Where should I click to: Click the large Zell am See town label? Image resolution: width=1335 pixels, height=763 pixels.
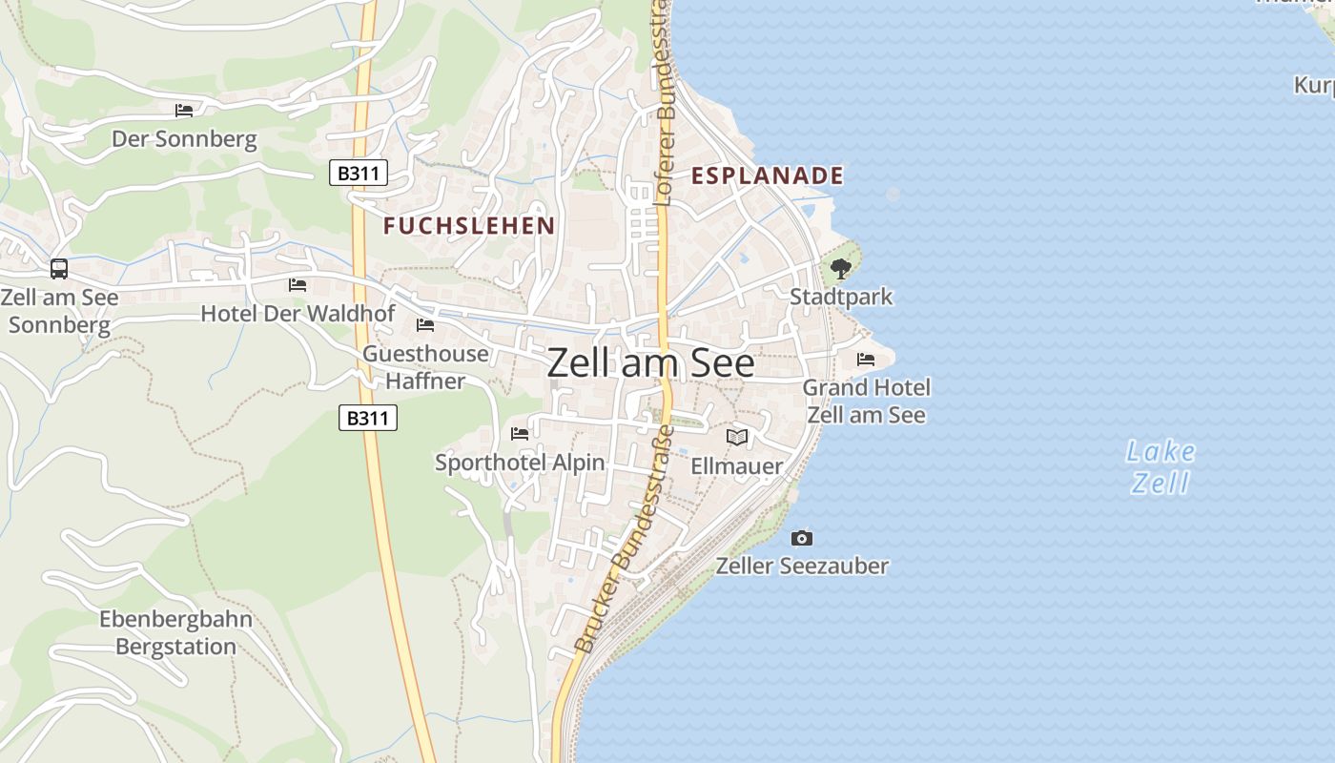pos(651,363)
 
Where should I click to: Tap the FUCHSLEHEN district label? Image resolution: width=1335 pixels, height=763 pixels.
pos(469,226)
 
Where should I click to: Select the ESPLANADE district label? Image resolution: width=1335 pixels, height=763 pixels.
pos(768,175)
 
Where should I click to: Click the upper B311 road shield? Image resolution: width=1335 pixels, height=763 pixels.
pos(359,173)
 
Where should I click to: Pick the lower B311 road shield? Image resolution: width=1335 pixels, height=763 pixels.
pos(368,418)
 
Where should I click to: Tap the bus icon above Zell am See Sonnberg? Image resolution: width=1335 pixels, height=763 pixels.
pos(59,269)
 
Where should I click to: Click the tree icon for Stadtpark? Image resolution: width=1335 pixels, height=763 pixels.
pos(840,269)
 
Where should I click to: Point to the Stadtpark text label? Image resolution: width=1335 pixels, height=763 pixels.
pos(841,297)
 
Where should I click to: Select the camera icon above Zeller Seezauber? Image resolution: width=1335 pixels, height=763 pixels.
pos(802,539)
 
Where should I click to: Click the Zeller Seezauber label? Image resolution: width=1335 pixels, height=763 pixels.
pos(802,566)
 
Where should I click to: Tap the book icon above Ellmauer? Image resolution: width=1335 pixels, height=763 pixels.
pos(737,438)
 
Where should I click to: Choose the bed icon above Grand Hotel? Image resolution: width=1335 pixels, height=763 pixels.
pos(866,360)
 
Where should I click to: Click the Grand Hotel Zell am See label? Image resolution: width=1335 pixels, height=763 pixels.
pos(866,401)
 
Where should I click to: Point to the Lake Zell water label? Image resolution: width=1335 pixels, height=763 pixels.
pos(1160,466)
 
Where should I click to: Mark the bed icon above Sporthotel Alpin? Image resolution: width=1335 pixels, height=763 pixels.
pos(520,434)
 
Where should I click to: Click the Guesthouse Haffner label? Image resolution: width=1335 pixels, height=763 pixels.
pos(425,367)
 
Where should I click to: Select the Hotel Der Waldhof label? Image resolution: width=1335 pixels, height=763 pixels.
pos(298,313)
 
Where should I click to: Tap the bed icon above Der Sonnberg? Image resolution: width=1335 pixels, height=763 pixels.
pos(184,111)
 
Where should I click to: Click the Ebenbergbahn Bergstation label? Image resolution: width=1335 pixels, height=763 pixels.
pos(176,632)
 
